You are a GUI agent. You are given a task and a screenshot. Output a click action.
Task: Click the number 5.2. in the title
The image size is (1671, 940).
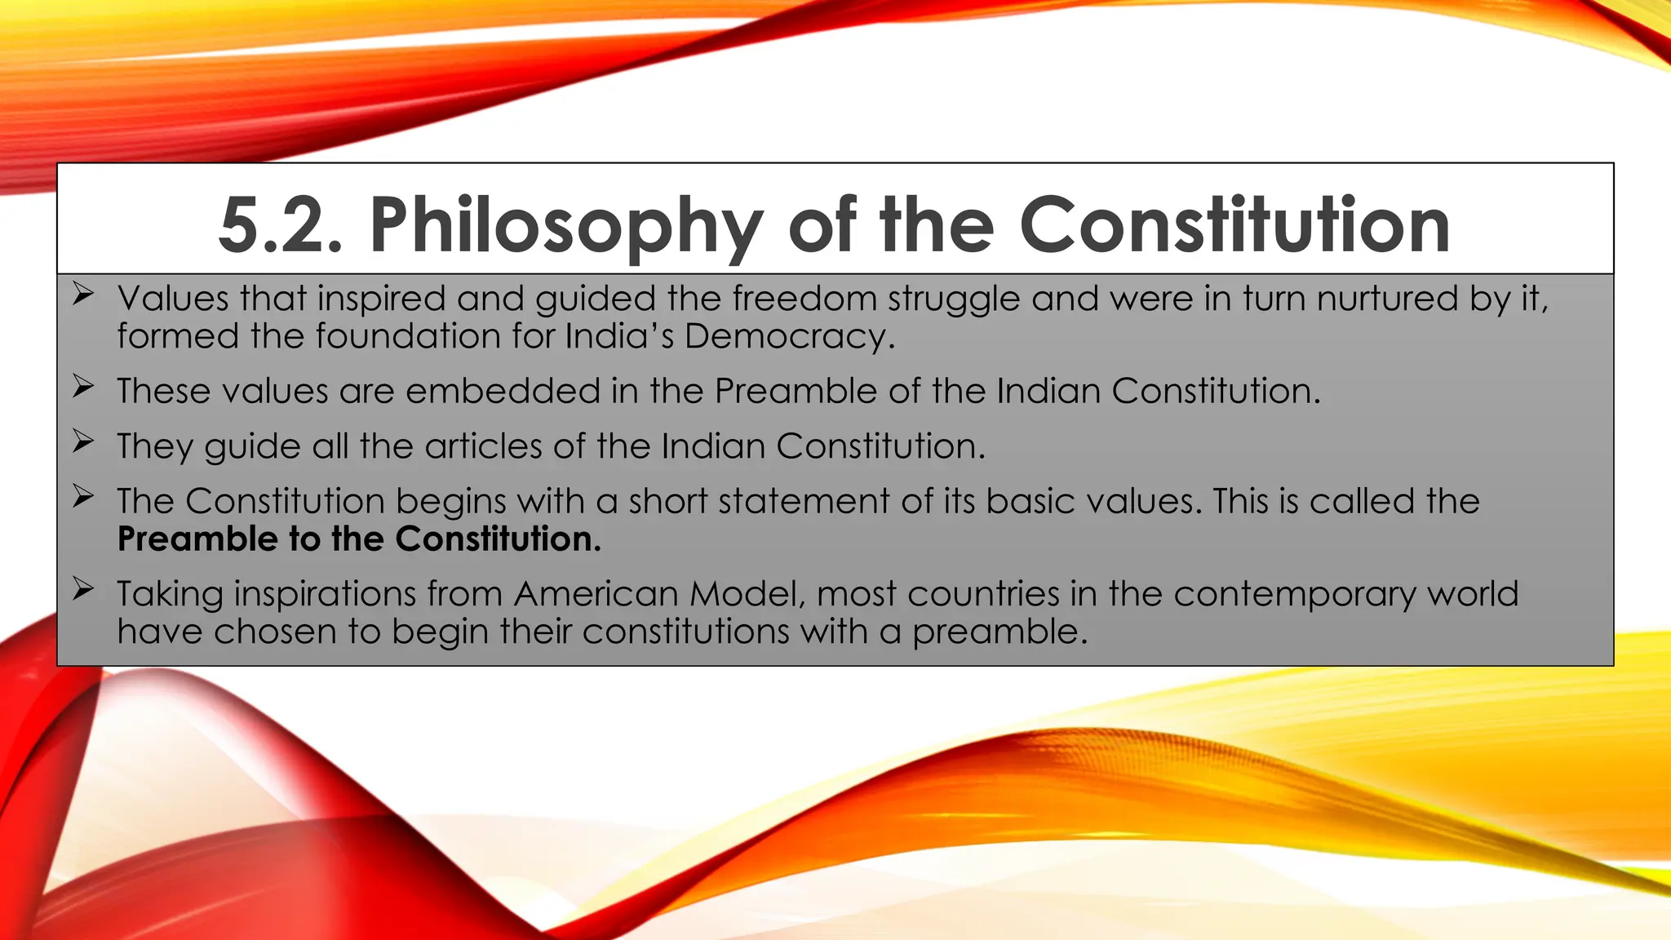click(281, 225)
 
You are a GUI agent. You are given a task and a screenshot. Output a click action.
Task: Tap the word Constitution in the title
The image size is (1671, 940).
click(1234, 225)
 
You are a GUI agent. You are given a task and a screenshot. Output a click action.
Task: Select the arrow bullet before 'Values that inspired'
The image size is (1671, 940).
click(82, 294)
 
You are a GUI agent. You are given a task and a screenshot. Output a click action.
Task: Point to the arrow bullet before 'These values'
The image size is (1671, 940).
click(82, 386)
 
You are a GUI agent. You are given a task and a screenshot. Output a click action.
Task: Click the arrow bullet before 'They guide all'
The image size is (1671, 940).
click(82, 441)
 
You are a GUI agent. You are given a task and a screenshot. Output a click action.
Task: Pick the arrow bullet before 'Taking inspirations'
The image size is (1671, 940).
click(82, 588)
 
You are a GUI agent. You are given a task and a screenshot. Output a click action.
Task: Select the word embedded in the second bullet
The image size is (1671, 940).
click(503, 391)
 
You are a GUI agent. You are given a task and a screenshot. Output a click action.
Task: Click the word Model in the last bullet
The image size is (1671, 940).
click(747, 594)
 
